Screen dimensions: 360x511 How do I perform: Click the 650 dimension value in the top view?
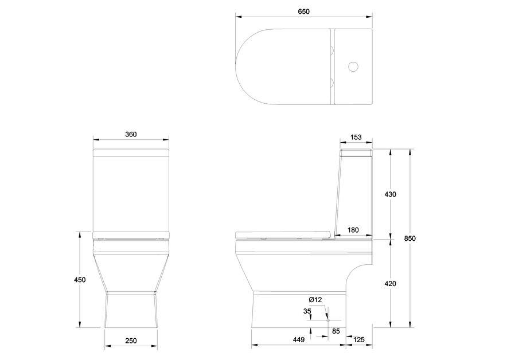pyautogui.click(x=304, y=11)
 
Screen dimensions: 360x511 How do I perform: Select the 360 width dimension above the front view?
pyautogui.click(x=131, y=134)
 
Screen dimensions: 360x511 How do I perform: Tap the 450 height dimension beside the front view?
pyautogui.click(x=80, y=280)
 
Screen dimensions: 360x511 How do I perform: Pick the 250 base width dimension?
pyautogui.click(x=131, y=341)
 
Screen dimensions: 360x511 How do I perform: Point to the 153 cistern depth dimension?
pyautogui.click(x=356, y=137)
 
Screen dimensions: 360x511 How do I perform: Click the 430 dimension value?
pyautogui.click(x=390, y=194)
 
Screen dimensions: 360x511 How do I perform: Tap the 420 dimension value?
pyautogui.click(x=390, y=284)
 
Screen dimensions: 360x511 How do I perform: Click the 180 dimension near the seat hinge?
pyautogui.click(x=353, y=230)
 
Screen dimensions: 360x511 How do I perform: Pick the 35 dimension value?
pyautogui.click(x=307, y=311)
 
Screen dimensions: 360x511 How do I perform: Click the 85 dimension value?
pyautogui.click(x=336, y=330)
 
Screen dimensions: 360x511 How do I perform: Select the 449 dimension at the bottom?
pyautogui.click(x=299, y=340)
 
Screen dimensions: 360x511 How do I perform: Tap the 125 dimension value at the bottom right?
pyautogui.click(x=358, y=340)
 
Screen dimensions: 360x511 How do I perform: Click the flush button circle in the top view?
pyautogui.click(x=353, y=67)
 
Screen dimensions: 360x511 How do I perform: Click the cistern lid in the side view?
pyautogui.click(x=356, y=153)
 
